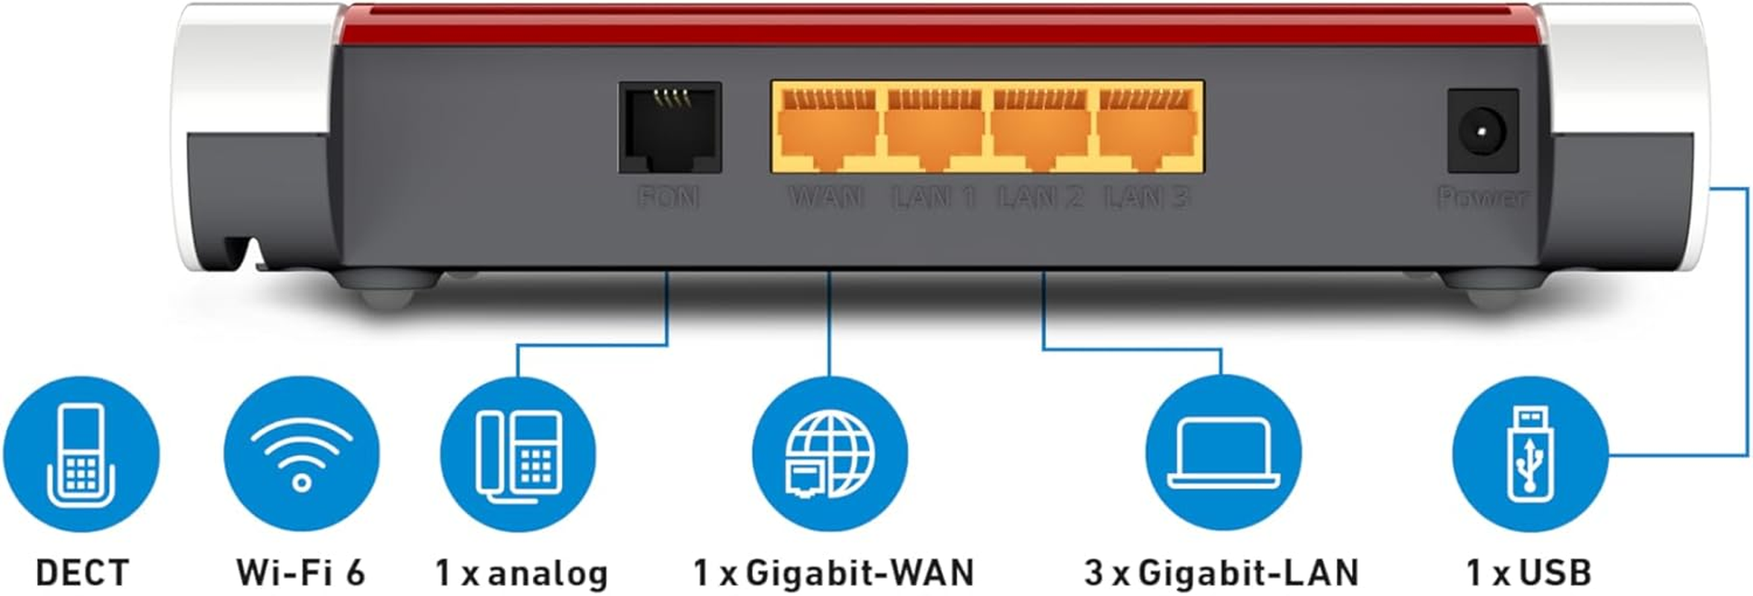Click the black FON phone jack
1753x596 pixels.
pos(669,127)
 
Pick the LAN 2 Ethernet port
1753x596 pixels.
pos(1041,129)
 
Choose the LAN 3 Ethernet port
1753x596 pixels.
pos(1148,129)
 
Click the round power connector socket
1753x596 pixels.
pos(1482,131)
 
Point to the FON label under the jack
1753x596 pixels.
pos(669,197)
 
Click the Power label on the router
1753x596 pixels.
pos(1482,197)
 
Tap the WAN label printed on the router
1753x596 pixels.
pos(826,197)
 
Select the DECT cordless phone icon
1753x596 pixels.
pos(81,454)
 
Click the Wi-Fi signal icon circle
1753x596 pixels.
pos(301,454)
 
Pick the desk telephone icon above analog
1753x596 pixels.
pos(519,454)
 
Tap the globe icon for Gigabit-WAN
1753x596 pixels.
pos(830,454)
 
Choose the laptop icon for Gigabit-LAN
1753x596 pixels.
pos(1223,454)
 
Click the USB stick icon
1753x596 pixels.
pos(1529,454)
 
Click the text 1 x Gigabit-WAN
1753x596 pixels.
pos(833,573)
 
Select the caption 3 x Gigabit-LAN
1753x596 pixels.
pos(1222,573)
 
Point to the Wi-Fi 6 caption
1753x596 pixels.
pos(301,573)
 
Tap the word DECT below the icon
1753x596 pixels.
pos(82,573)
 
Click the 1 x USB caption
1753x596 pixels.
pos(1529,573)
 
